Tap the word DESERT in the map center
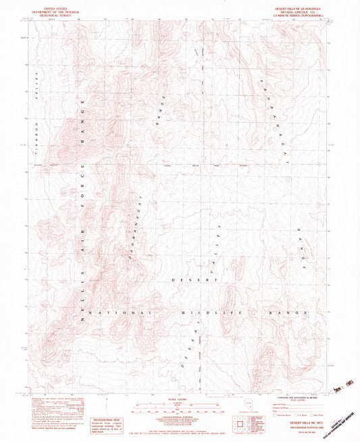pos(184,279)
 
